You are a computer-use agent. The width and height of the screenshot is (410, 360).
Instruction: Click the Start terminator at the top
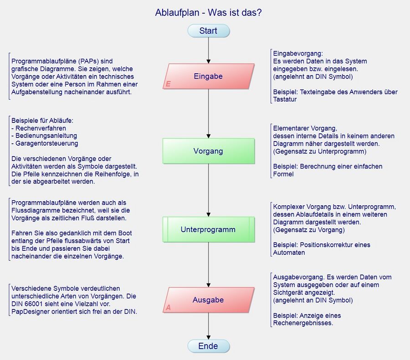point(208,31)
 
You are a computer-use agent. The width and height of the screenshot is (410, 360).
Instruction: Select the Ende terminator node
point(208,346)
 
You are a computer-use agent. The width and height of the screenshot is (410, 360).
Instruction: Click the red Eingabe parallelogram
point(208,76)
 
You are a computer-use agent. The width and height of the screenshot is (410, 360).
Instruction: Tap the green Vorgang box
point(208,151)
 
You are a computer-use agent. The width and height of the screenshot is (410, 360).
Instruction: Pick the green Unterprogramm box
point(208,229)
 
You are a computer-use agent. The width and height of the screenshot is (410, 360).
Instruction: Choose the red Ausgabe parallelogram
point(208,300)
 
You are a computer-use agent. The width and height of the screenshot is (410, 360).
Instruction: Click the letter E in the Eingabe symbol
point(168,84)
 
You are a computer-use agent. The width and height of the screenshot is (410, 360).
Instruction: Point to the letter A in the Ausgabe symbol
point(168,308)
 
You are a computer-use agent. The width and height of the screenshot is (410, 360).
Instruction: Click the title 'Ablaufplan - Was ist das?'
point(208,13)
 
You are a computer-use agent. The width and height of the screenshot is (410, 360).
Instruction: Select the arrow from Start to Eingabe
point(208,50)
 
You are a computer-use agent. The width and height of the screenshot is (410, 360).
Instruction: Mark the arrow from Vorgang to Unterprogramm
point(208,190)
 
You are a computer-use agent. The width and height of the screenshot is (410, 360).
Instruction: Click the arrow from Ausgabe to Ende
point(208,326)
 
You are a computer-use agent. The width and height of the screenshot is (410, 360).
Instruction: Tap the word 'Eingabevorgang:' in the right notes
point(298,53)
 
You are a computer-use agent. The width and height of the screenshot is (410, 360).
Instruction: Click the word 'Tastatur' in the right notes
point(285,100)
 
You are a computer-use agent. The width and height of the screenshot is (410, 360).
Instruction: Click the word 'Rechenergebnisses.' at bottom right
point(303,323)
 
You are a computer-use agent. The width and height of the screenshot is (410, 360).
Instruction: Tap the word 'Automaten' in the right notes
point(289,253)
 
